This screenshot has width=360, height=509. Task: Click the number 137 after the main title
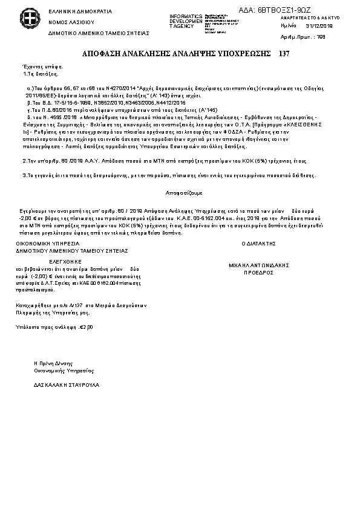point(284,54)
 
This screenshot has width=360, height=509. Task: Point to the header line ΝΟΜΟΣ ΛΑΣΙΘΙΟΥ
point(68,21)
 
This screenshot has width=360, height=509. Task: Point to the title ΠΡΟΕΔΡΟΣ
point(258,273)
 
